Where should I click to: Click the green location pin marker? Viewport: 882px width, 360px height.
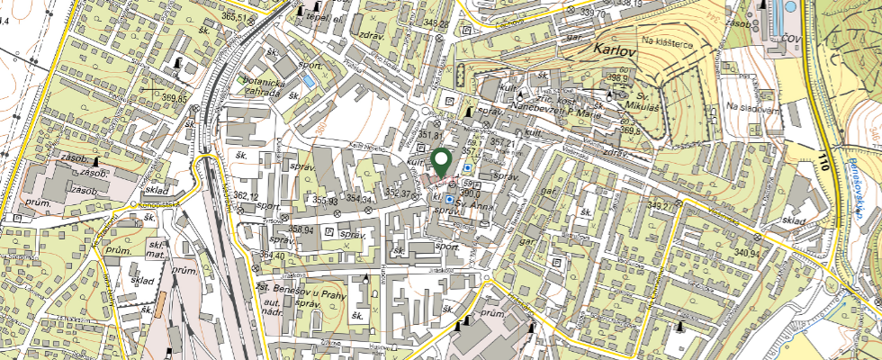pyautogui.click(x=441, y=161)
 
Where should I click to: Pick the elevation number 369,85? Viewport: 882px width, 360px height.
pyautogui.click(x=170, y=98)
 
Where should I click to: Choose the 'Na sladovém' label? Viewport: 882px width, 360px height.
pyautogui.click(x=751, y=108)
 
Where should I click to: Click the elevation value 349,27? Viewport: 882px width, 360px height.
pyautogui.click(x=659, y=207)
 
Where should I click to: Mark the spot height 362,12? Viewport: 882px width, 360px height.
pyautogui.click(x=246, y=196)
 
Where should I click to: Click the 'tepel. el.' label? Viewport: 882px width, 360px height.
pyautogui.click(x=326, y=16)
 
